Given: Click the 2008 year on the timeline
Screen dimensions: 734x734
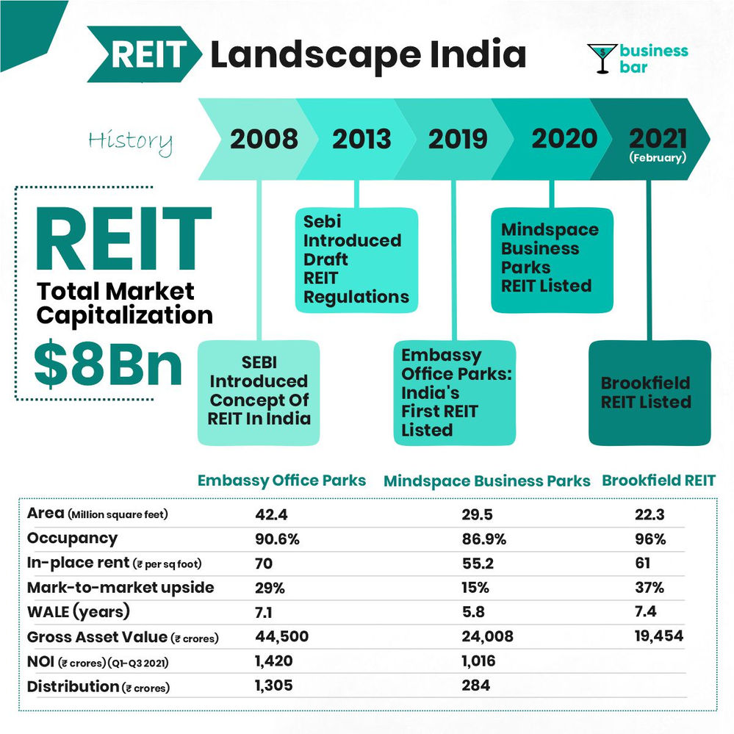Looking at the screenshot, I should (x=264, y=139).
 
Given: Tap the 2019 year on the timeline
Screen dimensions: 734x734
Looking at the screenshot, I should (x=457, y=139).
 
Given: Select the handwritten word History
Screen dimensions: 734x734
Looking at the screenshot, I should (x=130, y=141).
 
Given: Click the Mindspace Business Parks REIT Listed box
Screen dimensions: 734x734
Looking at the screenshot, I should (x=550, y=257).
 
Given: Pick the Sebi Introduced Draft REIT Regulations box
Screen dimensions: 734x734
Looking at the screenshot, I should (x=356, y=259).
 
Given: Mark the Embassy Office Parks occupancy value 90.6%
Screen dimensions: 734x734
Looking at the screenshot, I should (x=277, y=539).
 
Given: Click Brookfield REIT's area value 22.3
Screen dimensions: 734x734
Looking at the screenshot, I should (x=649, y=514).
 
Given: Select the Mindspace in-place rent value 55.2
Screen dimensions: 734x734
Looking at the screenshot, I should (x=474, y=564).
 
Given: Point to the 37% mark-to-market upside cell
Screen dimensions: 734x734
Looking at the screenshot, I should (x=649, y=588).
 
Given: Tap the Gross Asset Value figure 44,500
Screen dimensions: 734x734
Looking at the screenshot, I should (x=281, y=636).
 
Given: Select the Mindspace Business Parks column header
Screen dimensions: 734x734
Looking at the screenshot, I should (x=486, y=481).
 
